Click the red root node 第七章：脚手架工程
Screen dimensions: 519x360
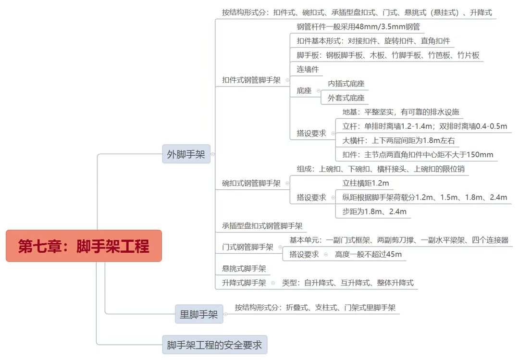tap(84, 246)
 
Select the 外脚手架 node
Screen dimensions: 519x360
tap(186, 154)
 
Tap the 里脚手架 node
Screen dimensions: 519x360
tap(198, 314)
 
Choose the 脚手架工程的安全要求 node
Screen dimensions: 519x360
tap(214, 345)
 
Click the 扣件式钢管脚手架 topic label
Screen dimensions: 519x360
tap(251, 80)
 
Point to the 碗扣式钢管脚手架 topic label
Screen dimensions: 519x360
tap(251, 183)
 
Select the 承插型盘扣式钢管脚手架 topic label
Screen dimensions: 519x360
tap(262, 225)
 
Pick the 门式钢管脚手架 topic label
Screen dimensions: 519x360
tap(247, 247)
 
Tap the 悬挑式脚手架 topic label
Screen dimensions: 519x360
tap(244, 269)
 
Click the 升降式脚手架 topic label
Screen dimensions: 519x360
tap(244, 283)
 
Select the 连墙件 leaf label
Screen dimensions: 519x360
tap(308, 69)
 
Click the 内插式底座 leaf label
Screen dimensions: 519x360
tap(346, 84)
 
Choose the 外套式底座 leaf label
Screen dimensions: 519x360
tap(346, 98)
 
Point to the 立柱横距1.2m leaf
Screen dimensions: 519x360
tap(366, 183)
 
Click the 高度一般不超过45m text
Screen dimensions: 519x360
tap(368, 254)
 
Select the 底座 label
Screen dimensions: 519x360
tap(304, 90)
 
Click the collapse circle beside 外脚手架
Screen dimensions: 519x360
tap(213, 154)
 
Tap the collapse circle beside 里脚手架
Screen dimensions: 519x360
tap(225, 314)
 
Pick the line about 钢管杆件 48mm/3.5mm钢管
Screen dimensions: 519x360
tap(358, 27)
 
